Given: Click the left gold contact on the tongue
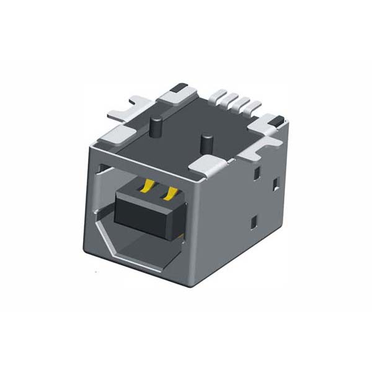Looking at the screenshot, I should click(148, 186).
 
